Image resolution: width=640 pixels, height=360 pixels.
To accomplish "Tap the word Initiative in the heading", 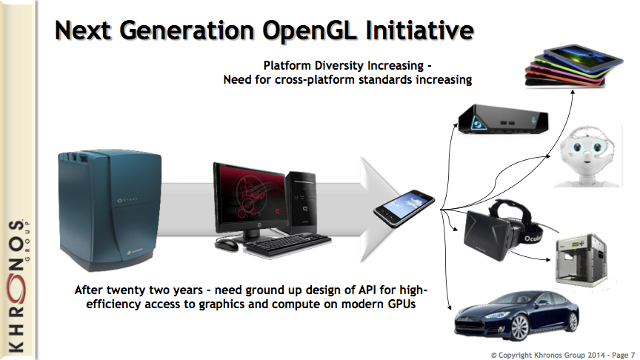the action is click(419, 30).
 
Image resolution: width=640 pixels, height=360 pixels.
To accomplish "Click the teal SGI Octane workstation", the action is click(110, 210).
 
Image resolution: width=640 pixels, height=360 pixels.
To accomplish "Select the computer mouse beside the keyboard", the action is click(227, 244).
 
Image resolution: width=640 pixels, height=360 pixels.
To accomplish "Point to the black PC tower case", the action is click(301, 203).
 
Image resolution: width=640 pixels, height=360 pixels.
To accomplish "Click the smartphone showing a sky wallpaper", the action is click(404, 208).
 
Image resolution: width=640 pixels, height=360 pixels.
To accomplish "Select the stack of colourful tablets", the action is click(573, 66).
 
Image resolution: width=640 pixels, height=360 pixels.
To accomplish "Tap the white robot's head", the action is click(587, 149).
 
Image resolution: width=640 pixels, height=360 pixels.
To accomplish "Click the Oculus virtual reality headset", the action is click(503, 230).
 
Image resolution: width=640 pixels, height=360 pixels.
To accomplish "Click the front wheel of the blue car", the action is click(519, 327).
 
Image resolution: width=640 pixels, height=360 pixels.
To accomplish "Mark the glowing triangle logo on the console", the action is click(477, 122).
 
